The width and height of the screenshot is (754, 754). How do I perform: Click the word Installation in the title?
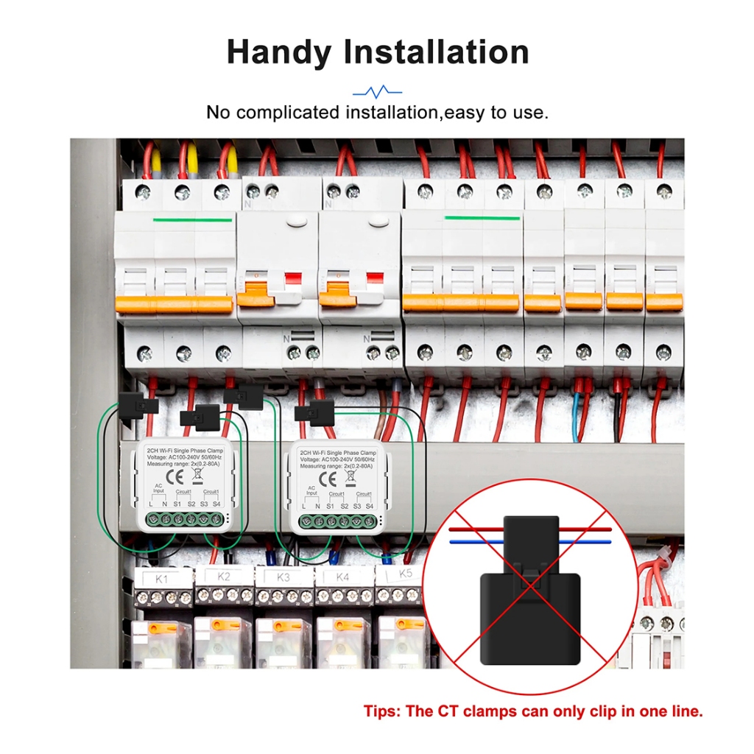pos(437,53)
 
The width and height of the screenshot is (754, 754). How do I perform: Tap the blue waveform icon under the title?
pos(377,92)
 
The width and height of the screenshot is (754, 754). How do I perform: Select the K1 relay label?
pos(162,579)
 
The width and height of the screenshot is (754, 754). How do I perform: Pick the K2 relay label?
pos(224,577)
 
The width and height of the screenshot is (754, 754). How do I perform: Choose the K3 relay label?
pos(283,577)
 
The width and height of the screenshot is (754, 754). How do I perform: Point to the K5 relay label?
pos(404,574)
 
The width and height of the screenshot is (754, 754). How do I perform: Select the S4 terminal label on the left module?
pos(216,504)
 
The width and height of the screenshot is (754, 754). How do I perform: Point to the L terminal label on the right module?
pos(305,506)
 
